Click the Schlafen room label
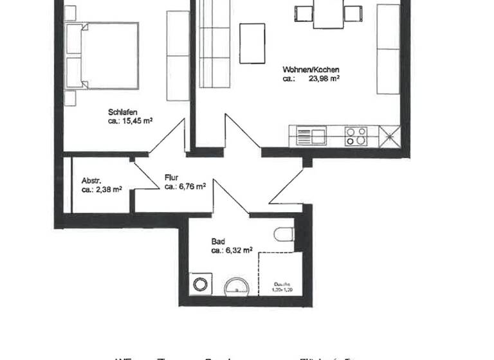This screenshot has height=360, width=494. tap(123, 112)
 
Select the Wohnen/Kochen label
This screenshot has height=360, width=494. tap(311, 69)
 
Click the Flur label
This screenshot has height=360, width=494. tap(171, 177)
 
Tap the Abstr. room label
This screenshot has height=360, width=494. tap(92, 181)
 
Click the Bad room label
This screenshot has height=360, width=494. tap(218, 242)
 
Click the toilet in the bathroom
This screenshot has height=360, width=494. tap(284, 235)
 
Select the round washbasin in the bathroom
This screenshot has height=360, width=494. tap(237, 287)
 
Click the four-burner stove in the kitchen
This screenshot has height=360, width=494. tap(356, 136)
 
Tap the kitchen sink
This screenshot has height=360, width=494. tap(311, 136)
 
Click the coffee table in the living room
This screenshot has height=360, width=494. tap(252, 43)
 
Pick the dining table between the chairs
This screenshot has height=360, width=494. tap(329, 14)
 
